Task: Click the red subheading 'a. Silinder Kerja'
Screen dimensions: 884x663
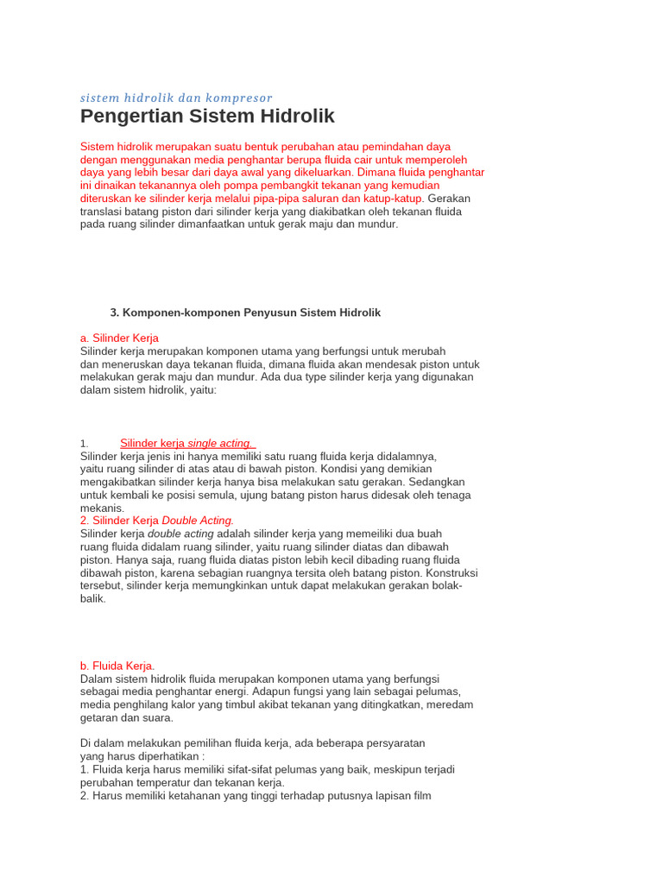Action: pyautogui.click(x=119, y=338)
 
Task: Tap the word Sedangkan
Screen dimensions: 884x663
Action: pyautogui.click(x=437, y=482)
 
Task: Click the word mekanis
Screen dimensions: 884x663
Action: pyautogui.click(x=102, y=508)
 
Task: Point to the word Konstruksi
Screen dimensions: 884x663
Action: pyautogui.click(x=451, y=572)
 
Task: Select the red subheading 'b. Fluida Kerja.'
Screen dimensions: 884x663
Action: pyautogui.click(x=117, y=666)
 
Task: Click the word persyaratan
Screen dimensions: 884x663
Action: pyautogui.click(x=388, y=743)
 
